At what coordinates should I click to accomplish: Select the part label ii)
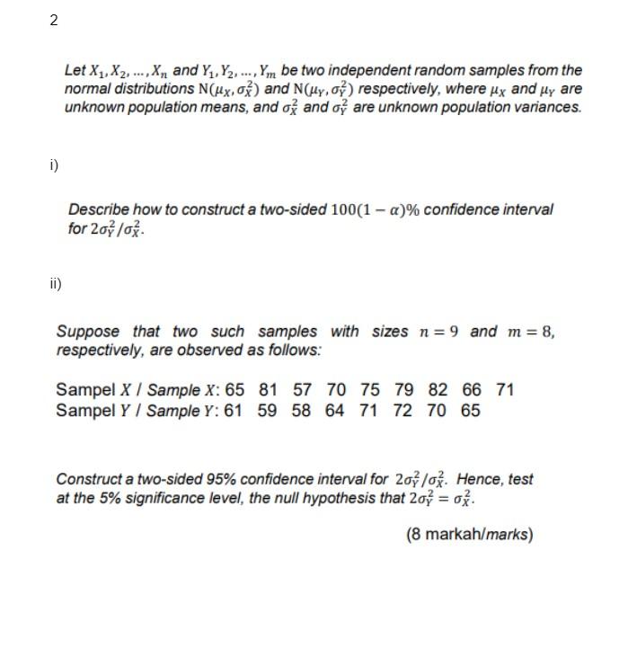click(56, 285)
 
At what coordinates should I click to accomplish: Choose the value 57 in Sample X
click(303, 390)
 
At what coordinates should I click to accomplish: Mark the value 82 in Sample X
click(438, 390)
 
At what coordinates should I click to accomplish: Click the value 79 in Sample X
click(404, 390)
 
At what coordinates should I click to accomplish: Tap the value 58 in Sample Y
click(301, 411)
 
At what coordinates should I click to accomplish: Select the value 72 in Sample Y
click(402, 411)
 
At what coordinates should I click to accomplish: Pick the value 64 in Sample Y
click(334, 411)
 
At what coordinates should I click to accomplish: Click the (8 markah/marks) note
click(469, 535)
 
